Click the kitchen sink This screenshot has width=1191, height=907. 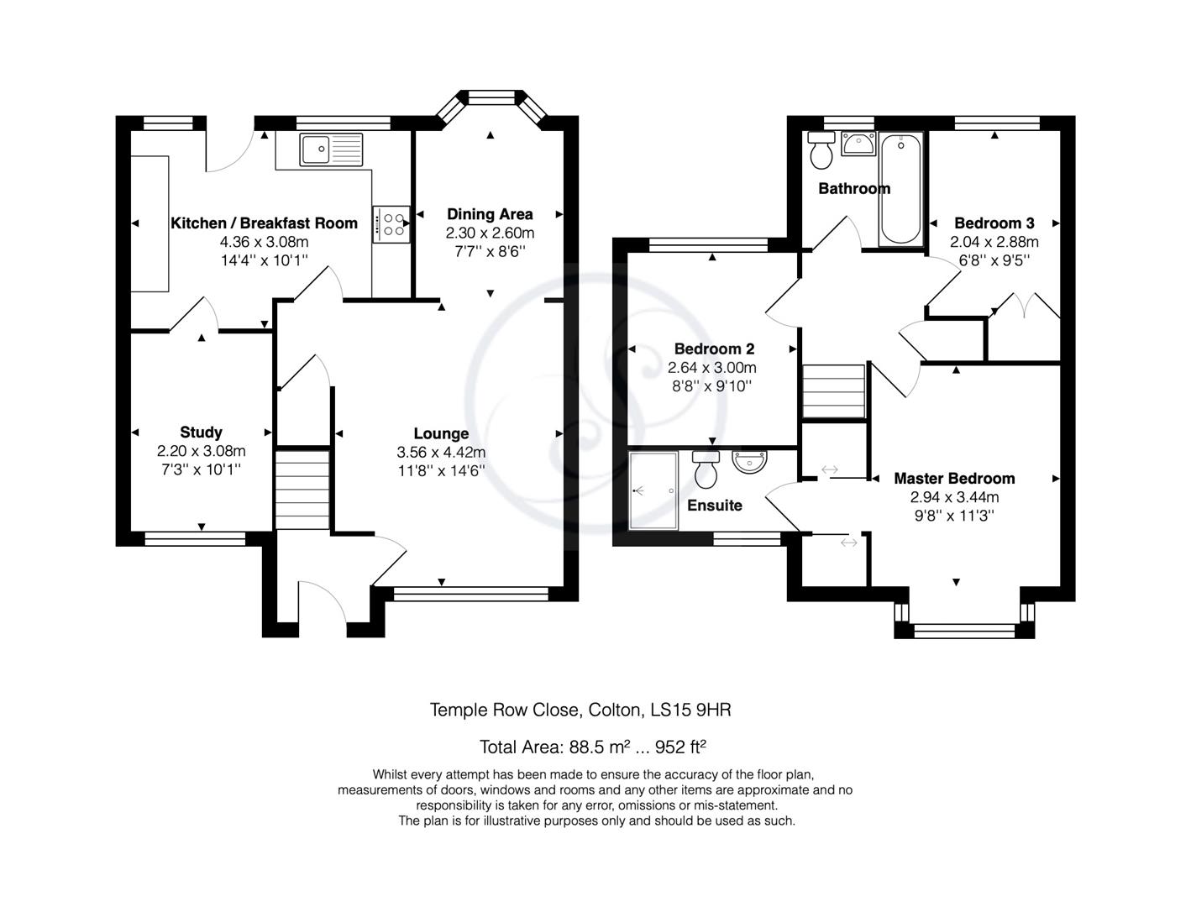click(x=331, y=149)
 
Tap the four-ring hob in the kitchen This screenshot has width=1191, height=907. click(x=391, y=224)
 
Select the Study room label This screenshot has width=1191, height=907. click(x=201, y=433)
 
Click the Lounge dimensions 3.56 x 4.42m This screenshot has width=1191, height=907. click(x=441, y=452)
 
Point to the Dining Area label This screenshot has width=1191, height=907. click(x=490, y=214)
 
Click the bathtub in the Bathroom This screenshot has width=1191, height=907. click(x=900, y=188)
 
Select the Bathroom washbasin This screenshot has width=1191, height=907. click(x=858, y=144)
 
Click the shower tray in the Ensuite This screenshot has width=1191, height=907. click(x=653, y=490)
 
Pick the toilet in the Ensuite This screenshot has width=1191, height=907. click(x=706, y=469)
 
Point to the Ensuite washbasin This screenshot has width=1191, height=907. click(x=749, y=462)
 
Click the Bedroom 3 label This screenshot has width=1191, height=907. click(x=994, y=223)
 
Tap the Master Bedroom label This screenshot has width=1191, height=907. click(x=954, y=479)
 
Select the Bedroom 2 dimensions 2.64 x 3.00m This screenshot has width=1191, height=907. click(x=712, y=368)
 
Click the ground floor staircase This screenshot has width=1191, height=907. click(x=302, y=489)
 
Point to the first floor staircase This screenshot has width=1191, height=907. click(x=833, y=391)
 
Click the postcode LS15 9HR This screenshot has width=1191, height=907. click(x=690, y=710)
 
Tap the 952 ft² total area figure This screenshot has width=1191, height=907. click(x=680, y=747)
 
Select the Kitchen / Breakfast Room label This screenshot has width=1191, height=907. click(x=265, y=223)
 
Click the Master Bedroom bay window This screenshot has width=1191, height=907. click(x=964, y=620)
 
